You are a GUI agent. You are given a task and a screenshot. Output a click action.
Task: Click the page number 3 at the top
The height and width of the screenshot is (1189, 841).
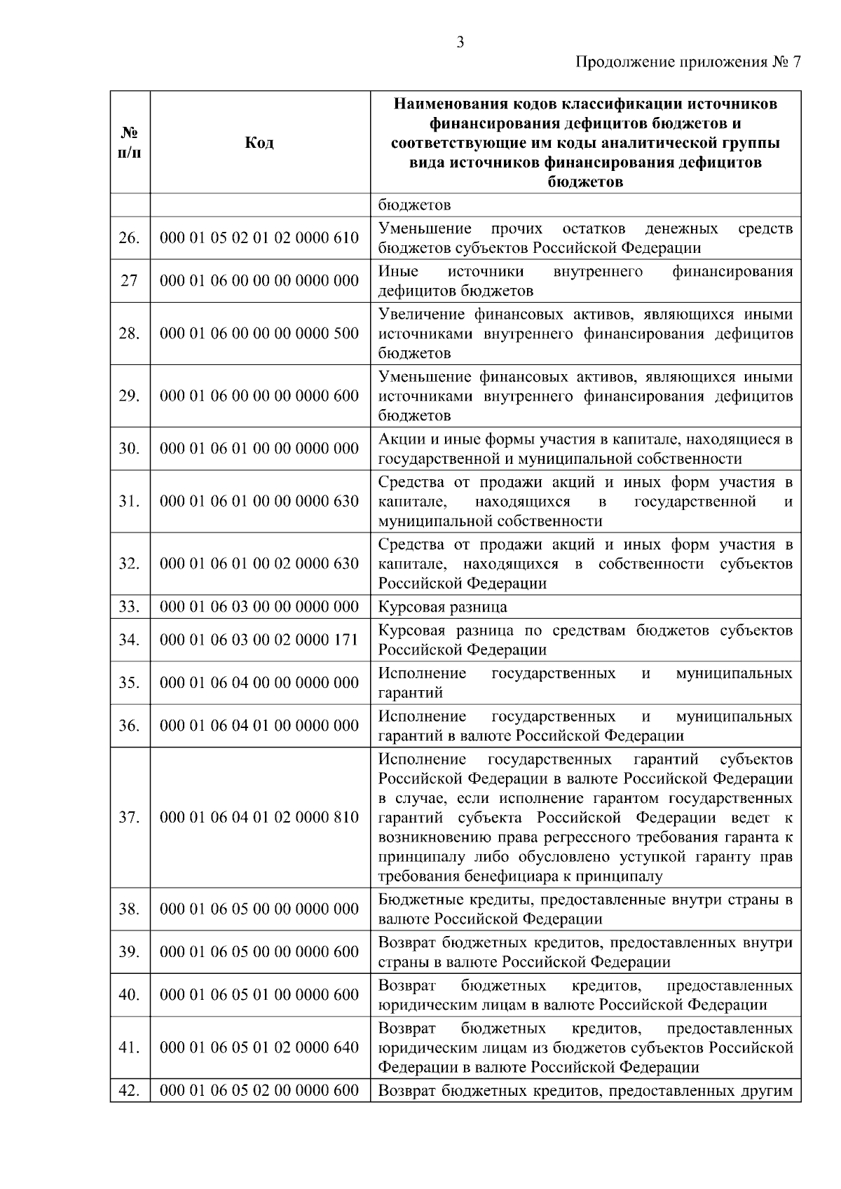[x=460, y=43]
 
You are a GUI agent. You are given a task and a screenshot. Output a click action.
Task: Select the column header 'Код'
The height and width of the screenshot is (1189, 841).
[x=259, y=143]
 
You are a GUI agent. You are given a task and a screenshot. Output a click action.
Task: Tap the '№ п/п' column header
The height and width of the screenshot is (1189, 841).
[x=130, y=143]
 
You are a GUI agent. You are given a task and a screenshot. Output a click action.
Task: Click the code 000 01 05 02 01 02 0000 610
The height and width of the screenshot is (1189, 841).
[x=259, y=238]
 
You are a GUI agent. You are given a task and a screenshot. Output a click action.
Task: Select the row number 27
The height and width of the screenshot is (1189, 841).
[x=130, y=281]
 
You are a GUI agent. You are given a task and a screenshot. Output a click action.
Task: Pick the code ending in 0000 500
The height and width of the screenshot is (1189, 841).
[x=259, y=334]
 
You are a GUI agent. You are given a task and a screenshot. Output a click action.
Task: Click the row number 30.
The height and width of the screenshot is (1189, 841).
[x=130, y=448]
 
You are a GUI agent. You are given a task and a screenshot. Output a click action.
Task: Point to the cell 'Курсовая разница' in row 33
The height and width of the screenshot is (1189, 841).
[x=442, y=607]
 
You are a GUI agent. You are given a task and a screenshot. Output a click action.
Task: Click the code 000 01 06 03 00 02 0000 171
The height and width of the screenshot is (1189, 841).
[x=259, y=640]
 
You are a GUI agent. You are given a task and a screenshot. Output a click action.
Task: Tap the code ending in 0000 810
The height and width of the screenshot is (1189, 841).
[x=259, y=818]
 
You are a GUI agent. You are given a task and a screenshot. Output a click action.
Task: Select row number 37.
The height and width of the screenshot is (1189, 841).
[x=130, y=818]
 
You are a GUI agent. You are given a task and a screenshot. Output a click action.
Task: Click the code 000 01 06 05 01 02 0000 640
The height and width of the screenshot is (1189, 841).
[x=259, y=1047]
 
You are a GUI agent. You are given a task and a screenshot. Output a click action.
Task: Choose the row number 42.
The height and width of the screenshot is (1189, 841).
[x=130, y=1091]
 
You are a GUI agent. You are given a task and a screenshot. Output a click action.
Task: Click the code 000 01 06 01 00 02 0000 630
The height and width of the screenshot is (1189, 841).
[x=259, y=564]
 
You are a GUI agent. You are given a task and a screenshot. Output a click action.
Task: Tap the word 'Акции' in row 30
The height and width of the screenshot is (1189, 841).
[x=397, y=439]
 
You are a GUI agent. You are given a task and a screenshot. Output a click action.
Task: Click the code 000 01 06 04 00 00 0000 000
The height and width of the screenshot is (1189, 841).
[x=259, y=682]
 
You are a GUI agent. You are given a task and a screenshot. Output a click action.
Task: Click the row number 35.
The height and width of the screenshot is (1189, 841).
[x=130, y=682]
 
